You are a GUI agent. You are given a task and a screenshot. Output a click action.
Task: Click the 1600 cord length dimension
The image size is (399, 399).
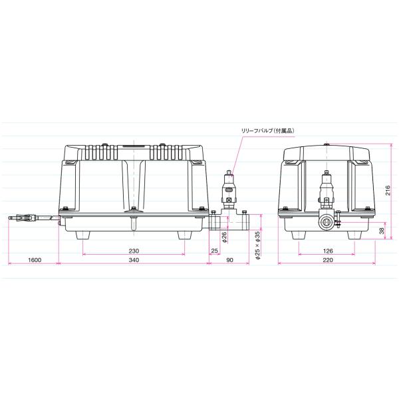tap(35, 260)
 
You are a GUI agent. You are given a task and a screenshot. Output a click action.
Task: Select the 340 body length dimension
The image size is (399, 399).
tap(134, 260)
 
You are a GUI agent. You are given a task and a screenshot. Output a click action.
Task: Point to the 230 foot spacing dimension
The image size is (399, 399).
tap(134, 251)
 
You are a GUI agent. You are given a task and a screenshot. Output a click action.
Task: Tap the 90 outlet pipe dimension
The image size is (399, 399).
tap(229, 260)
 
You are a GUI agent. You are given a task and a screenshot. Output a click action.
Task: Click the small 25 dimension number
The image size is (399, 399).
tap(215, 251)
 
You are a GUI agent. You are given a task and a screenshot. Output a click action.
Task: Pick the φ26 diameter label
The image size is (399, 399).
tap(225, 237)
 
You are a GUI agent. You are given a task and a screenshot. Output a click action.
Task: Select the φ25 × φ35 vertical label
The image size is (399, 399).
tap(258, 245)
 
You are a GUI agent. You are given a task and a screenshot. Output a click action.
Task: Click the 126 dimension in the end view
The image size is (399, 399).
tap(328, 251)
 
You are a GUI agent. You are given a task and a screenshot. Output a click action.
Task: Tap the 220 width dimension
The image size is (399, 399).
tap(328, 260)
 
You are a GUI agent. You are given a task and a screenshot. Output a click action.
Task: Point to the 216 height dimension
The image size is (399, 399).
tap(387, 190)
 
